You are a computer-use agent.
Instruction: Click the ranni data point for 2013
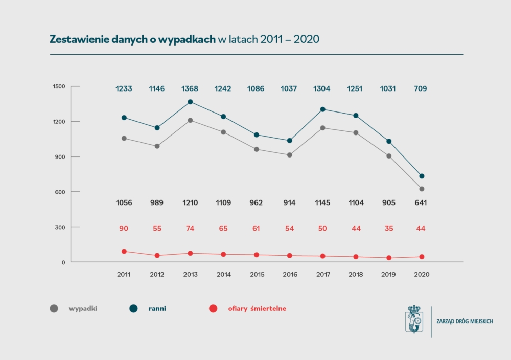point(190,102)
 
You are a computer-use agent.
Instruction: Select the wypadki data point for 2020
point(422,189)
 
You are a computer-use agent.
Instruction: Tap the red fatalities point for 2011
point(124,252)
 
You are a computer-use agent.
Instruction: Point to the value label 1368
point(190,88)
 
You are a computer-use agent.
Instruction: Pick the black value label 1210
point(190,202)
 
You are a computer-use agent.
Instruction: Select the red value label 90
point(124,228)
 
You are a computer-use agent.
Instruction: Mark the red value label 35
point(388,228)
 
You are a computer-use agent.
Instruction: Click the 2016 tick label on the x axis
point(289,274)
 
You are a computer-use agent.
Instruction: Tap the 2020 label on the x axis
point(422,274)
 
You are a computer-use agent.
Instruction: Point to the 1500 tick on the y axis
point(59,86)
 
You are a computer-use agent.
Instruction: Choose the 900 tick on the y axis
point(61,156)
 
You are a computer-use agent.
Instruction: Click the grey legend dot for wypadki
point(54,308)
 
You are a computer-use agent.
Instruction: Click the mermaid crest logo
point(414,321)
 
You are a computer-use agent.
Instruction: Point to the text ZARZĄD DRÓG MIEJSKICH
point(464,321)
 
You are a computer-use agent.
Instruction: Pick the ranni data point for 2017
point(322,109)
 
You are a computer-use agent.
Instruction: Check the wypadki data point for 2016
point(289,155)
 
